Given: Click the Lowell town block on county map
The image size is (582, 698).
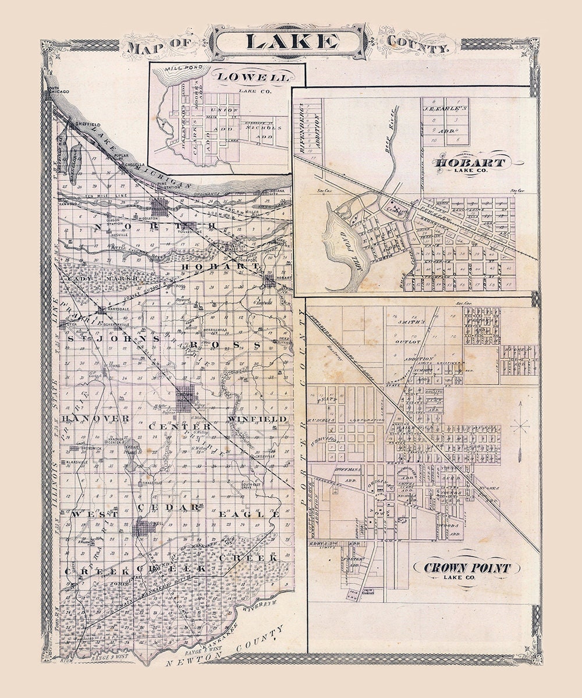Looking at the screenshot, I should point(143,528).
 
